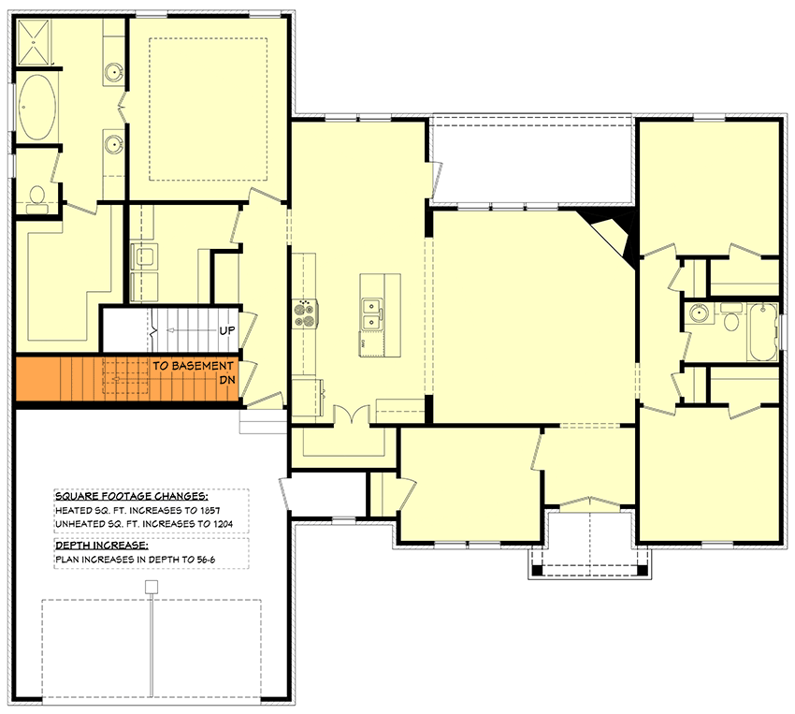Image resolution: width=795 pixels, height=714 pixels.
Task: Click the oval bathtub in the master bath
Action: [36, 108]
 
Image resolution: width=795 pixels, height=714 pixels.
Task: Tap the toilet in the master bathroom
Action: [37, 195]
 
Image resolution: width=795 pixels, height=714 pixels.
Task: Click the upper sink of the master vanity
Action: [114, 71]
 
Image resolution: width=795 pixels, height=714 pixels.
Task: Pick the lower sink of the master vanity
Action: [114, 143]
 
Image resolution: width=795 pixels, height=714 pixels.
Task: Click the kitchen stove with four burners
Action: [306, 313]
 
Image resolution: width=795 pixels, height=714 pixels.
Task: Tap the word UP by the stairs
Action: [226, 331]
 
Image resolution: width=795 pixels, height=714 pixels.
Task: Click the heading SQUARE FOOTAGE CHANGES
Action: [131, 497]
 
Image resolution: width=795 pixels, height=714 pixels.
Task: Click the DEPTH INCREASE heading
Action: [99, 545]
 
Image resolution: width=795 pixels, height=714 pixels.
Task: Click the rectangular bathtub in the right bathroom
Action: [763, 331]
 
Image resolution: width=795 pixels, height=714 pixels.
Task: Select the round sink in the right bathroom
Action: [696, 313]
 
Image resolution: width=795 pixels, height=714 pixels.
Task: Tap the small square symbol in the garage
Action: [152, 587]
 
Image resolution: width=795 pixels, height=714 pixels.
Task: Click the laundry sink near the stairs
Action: [144, 255]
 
